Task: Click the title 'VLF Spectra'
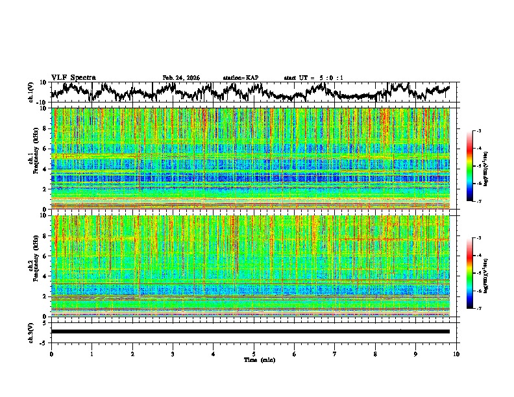[x=73, y=77]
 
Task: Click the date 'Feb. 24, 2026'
[x=181, y=78]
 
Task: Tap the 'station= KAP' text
[x=241, y=78]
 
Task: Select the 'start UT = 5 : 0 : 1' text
[x=313, y=78]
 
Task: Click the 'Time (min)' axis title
[x=254, y=359]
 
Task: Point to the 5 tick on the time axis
[x=254, y=354]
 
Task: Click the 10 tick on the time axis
[x=456, y=354]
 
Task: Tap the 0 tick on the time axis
[x=51, y=354]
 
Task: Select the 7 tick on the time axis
[x=335, y=354]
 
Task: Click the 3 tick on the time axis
[x=173, y=354]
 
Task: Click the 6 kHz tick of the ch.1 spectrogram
[x=46, y=149]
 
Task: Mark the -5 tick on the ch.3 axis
[x=45, y=342]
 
